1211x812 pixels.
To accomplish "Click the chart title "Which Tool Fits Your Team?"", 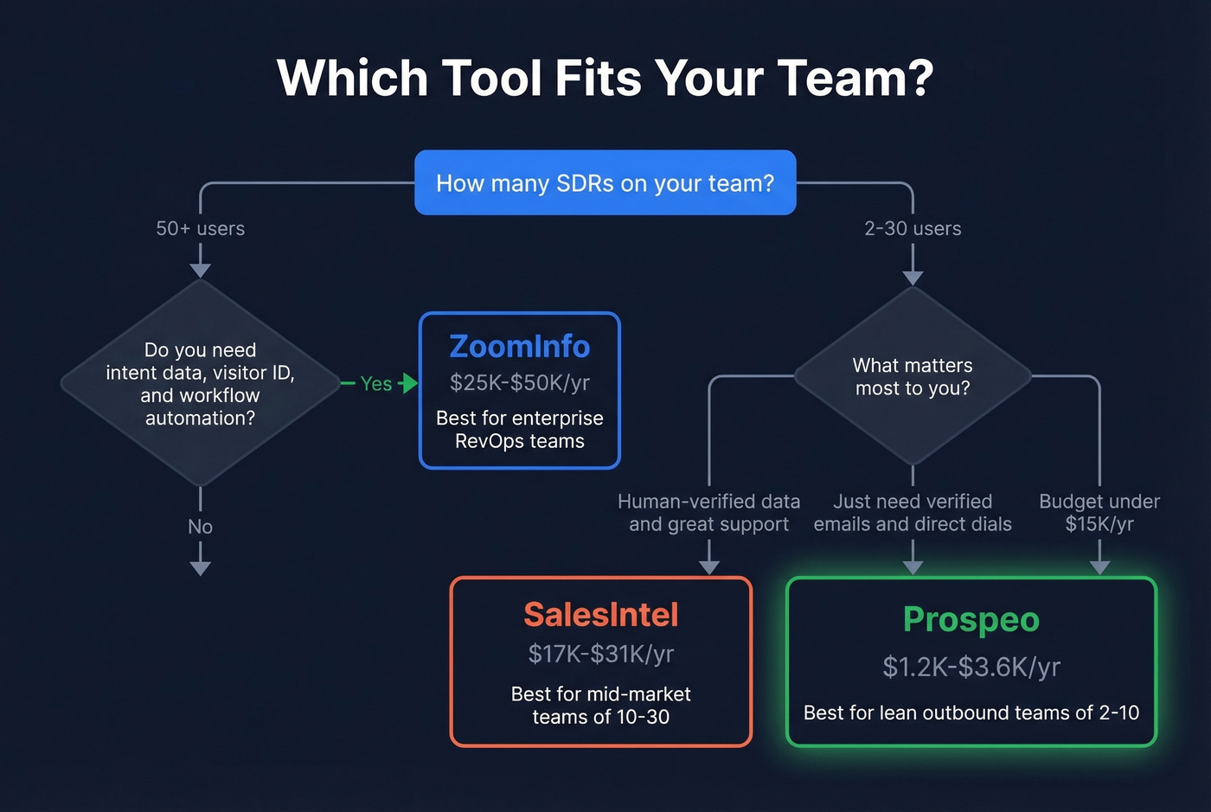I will coord(605,78).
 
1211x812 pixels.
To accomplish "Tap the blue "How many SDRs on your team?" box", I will coord(605,182).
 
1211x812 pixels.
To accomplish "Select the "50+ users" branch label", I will coord(200,228).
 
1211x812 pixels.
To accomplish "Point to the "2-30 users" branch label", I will coord(913,228).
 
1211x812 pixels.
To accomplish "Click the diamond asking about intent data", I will coord(200,383).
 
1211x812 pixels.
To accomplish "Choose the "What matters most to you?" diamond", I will coord(913,376).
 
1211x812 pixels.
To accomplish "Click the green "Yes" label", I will coord(375,383).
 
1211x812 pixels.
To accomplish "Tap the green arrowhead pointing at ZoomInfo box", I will coord(411,383).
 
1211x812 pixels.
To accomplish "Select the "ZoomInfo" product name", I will coord(519,346).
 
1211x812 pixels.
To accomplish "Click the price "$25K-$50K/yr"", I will coord(519,382).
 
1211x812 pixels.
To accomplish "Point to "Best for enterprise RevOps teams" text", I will coord(519,429).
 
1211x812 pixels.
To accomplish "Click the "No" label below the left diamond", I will coord(200,527).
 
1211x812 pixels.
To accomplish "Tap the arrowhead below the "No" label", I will coord(200,568).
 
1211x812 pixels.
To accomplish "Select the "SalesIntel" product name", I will coord(600,615).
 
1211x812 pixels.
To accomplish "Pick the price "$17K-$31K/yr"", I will coord(600,654).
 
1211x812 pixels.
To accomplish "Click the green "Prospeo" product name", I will coord(971,619).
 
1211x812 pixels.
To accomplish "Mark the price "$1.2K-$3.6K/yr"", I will coord(971,667).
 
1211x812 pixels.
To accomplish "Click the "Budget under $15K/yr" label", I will coord(1099,513).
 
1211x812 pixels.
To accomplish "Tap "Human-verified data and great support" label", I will coord(708,513).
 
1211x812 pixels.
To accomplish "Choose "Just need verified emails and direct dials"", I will coord(913,513).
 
